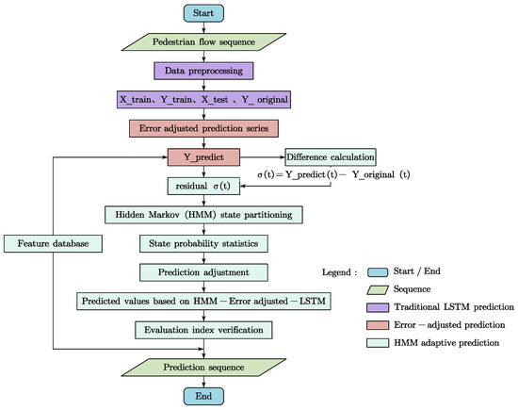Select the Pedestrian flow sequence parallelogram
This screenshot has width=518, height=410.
[x=204, y=41]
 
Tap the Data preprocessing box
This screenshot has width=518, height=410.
[x=204, y=70]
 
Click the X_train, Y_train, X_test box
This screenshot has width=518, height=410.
[x=204, y=99]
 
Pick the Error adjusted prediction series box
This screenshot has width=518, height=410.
[x=204, y=127]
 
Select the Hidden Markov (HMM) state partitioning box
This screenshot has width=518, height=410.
[x=204, y=215]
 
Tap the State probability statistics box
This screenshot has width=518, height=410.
[x=204, y=243]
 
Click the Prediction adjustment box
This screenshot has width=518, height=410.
[x=204, y=271]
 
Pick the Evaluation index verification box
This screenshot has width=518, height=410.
[x=204, y=329]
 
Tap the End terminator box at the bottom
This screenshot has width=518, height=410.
[x=204, y=396]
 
